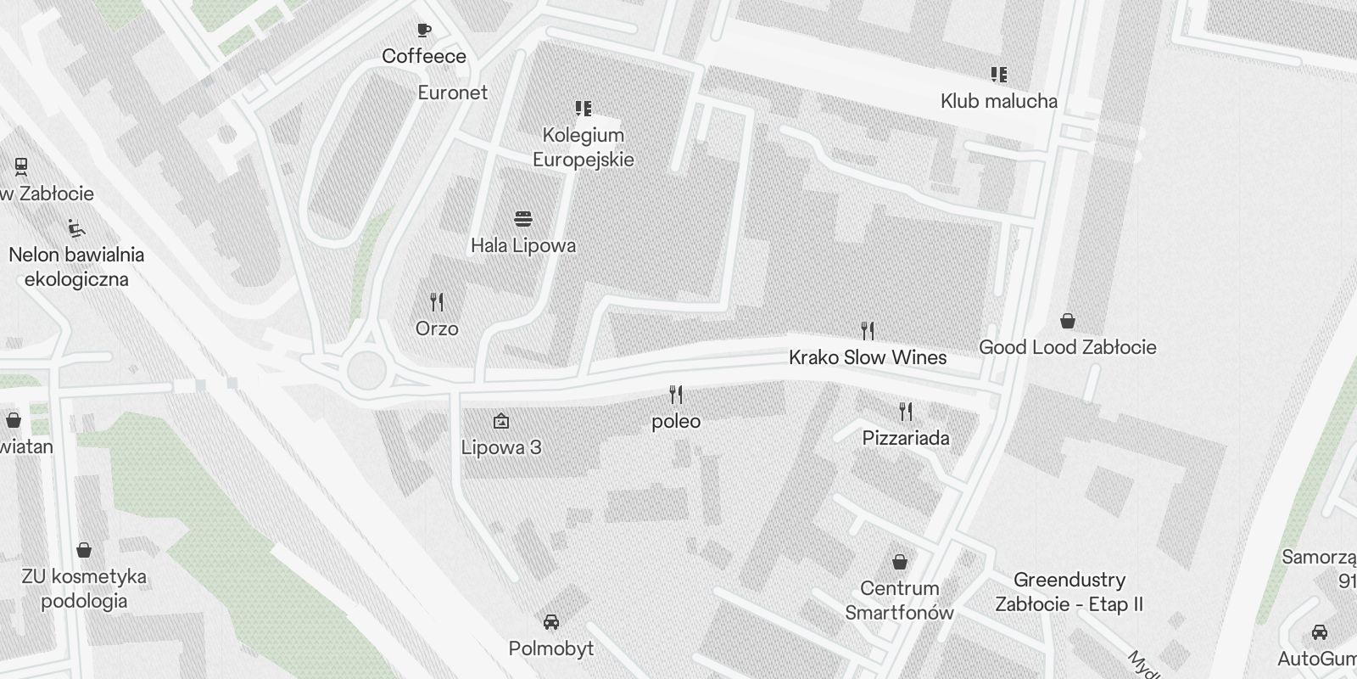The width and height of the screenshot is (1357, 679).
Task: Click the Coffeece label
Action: tap(424, 56)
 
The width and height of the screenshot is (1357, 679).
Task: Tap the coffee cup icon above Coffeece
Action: tap(424, 31)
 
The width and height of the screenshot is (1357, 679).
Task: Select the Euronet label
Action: tap(453, 93)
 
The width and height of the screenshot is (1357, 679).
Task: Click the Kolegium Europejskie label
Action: tap(584, 147)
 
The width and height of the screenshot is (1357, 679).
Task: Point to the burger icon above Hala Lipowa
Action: tap(523, 219)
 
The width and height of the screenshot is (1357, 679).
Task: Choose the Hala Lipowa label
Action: tap(523, 245)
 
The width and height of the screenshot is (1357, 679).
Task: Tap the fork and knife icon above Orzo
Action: tap(437, 301)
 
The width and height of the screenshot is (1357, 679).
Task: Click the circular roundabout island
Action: tap(366, 371)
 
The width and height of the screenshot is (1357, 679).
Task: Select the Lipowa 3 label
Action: tap(501, 447)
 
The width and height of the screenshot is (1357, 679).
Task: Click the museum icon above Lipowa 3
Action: tap(501, 420)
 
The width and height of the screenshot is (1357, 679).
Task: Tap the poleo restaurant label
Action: tap(676, 421)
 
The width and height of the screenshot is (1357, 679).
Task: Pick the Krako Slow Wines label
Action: tap(868, 357)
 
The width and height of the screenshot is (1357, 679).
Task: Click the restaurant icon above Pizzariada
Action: tap(906, 412)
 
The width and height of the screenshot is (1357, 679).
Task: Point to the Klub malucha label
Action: tap(999, 101)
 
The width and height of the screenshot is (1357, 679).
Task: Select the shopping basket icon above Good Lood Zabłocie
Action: tap(1068, 321)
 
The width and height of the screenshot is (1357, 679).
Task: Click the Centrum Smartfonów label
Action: tap(899, 600)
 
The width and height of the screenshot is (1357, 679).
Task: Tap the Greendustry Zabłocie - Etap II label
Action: tap(1069, 592)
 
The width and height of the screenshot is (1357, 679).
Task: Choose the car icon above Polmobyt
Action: tap(551, 622)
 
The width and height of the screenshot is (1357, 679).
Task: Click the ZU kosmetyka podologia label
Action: tap(84, 588)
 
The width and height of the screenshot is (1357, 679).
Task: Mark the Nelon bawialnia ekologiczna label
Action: tap(76, 267)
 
